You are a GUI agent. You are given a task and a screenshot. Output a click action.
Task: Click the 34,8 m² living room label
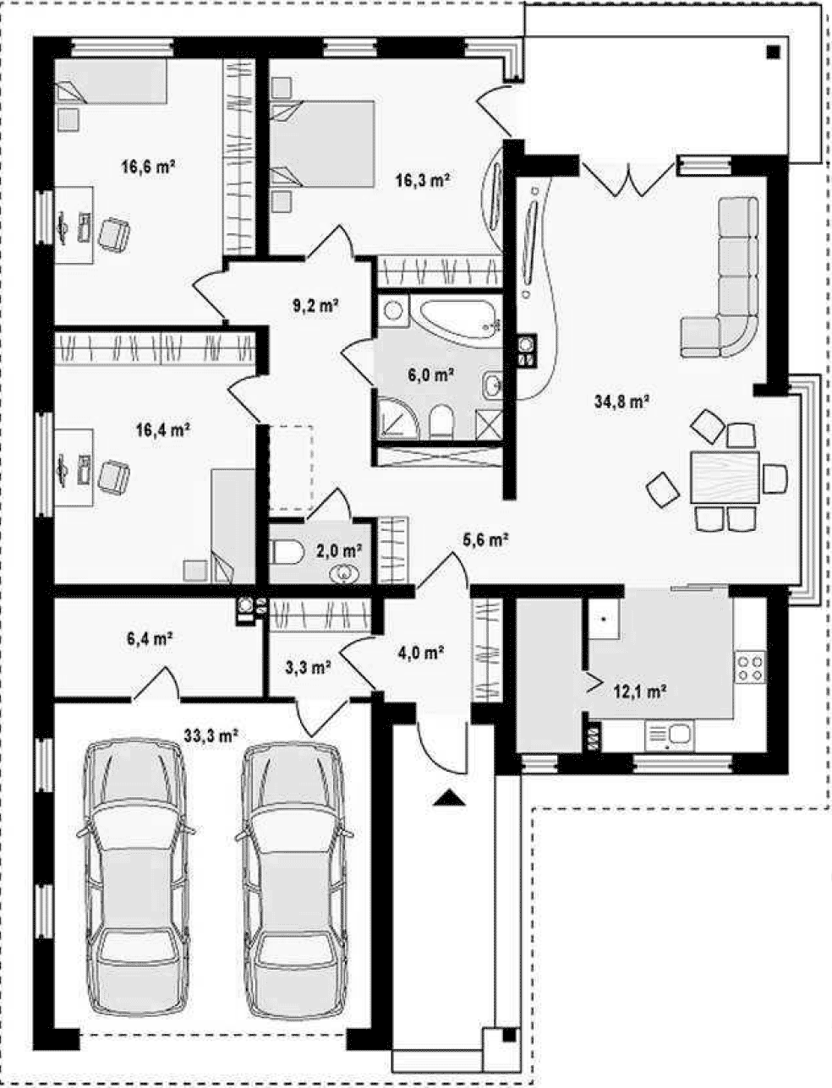621,401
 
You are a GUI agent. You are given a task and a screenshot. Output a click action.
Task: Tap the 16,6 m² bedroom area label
148,167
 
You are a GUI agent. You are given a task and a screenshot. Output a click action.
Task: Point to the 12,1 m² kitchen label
640,691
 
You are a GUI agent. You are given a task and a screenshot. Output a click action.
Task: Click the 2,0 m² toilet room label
339,550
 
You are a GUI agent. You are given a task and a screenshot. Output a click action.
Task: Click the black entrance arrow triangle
448,800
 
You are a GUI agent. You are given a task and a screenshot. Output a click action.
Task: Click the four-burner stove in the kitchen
750,667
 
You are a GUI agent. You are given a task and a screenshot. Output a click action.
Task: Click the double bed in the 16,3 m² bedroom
322,145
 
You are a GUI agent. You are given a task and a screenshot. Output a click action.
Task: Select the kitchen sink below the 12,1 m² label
670,735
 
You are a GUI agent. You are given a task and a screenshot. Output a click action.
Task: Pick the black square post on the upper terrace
773,52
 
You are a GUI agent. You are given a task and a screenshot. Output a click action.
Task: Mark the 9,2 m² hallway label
315,305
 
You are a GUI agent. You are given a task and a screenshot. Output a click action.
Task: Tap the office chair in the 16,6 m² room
115,234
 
